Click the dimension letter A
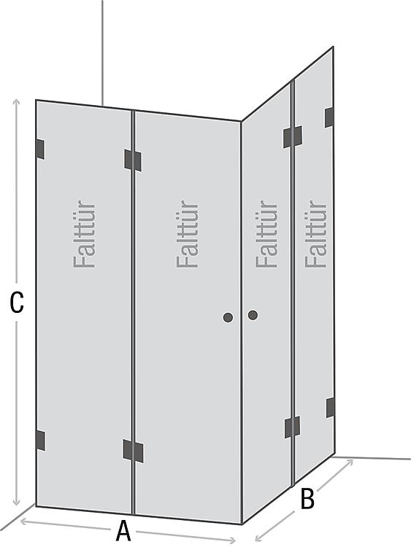123,531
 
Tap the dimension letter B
307,499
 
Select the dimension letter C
17,302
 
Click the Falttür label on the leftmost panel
85,233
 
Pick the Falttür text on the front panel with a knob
187,233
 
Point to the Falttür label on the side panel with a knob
266,233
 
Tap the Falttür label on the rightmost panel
315,233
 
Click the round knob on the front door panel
228,317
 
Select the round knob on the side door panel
253,315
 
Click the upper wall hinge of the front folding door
40,150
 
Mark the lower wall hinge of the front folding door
41,441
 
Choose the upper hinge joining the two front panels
133,160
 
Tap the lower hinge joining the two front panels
133,451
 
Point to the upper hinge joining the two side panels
293,137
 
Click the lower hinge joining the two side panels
292,427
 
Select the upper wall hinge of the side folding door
329,117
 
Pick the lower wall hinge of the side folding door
331,408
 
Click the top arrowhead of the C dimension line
16,102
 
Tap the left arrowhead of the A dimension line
24,521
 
